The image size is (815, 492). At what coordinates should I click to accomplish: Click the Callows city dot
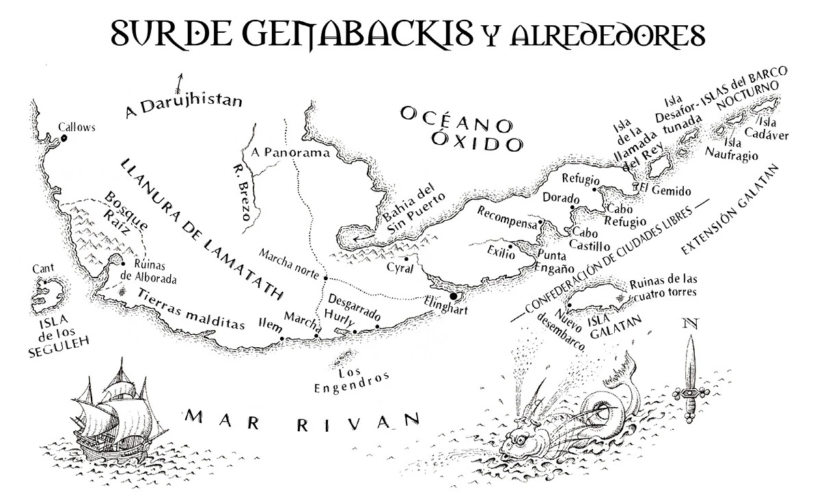64,138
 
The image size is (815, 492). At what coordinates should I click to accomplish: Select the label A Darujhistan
184,105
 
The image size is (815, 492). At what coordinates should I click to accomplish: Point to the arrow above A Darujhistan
181,82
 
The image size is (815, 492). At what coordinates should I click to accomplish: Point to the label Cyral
400,269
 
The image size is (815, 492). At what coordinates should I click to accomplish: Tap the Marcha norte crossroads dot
326,278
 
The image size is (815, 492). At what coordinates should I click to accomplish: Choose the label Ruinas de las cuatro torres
663,287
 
